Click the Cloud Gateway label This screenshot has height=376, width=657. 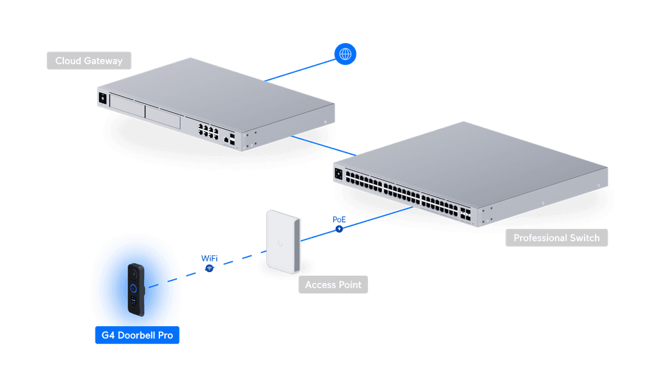[x=89, y=61]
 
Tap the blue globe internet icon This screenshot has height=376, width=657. [x=345, y=54]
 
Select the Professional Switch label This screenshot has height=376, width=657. [x=556, y=238]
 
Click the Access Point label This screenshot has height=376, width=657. [x=333, y=284]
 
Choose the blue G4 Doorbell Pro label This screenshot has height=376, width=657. [x=137, y=335]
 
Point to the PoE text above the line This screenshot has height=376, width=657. [x=339, y=218]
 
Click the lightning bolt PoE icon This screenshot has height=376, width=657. [x=339, y=229]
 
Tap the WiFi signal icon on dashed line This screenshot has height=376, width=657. [x=209, y=268]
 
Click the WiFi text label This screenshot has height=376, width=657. [x=209, y=258]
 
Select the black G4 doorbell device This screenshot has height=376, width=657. [x=136, y=289]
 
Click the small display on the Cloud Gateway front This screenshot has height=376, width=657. [x=102, y=97]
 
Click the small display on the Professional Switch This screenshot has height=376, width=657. [x=338, y=174]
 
